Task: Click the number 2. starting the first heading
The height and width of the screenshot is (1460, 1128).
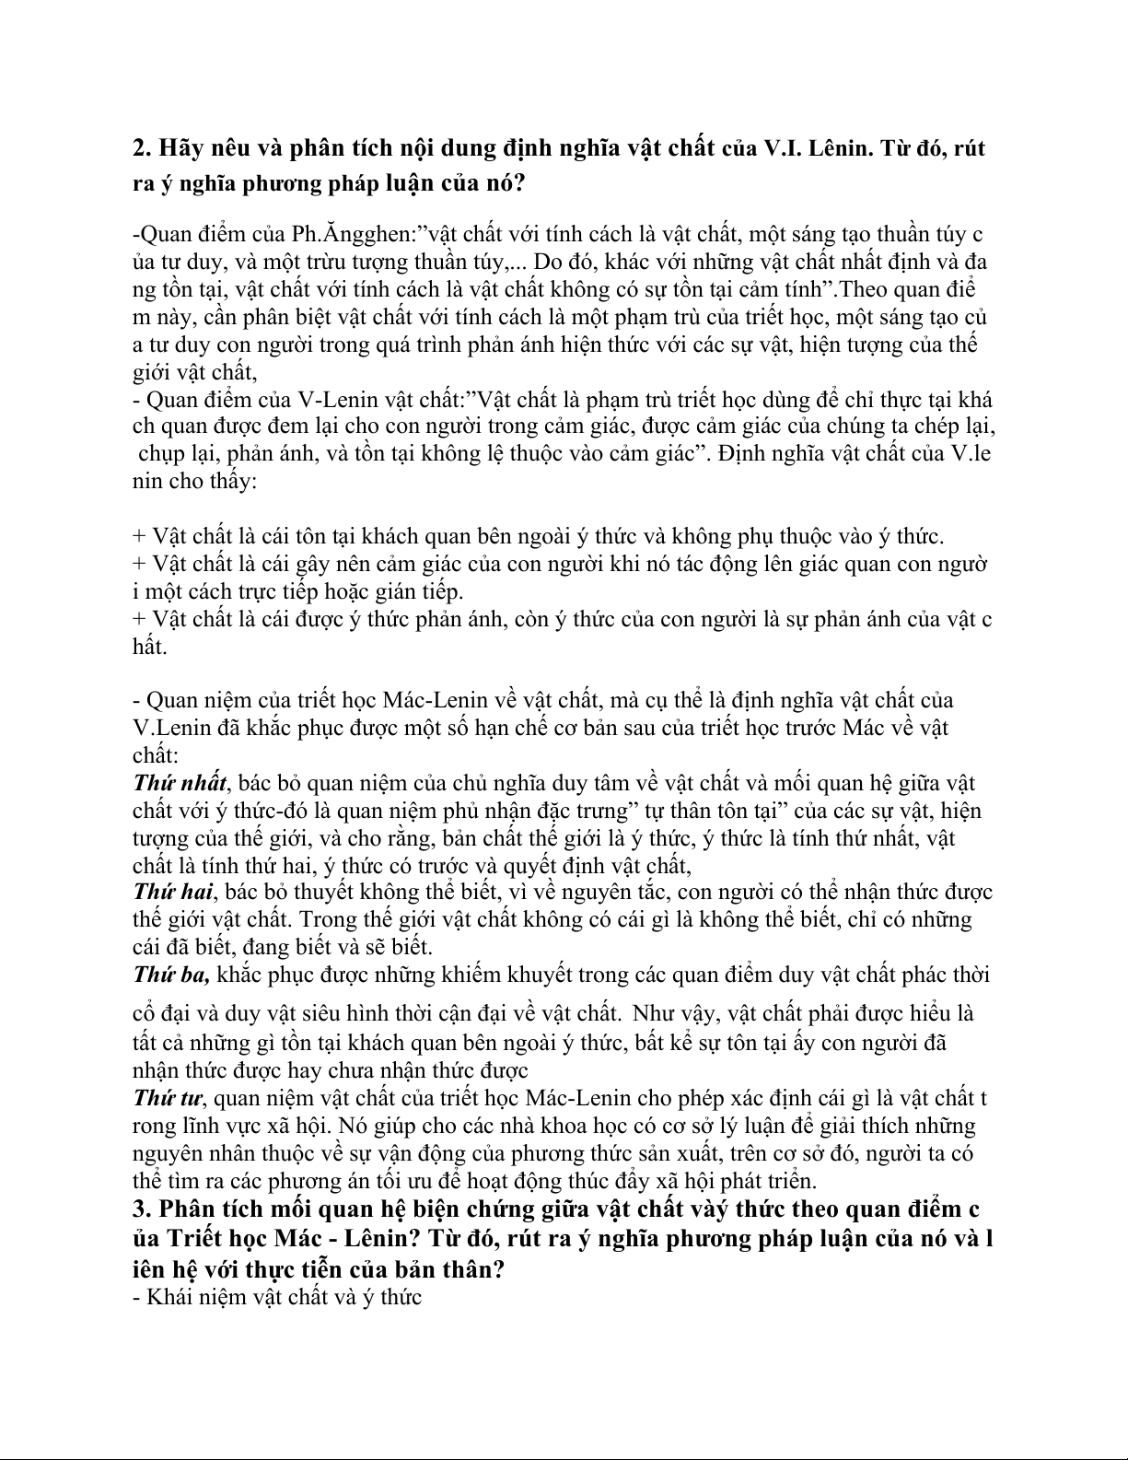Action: pyautogui.click(x=144, y=147)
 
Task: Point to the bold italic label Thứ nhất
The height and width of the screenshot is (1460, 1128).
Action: pyautogui.click(x=180, y=784)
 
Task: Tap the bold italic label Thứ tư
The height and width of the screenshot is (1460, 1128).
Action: pyautogui.click(x=167, y=1098)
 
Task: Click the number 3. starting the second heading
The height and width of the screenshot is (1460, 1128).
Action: pyautogui.click(x=144, y=1209)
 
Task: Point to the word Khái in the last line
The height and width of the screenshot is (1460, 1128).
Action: pyautogui.click(x=173, y=1297)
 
